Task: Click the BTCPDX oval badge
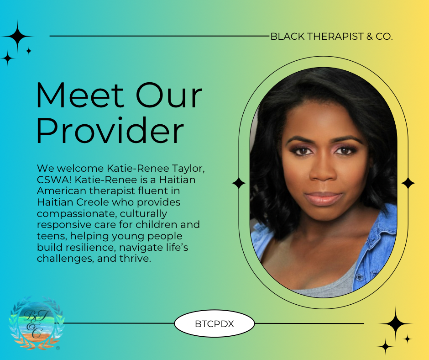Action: [214, 323]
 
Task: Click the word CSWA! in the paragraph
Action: [54, 180]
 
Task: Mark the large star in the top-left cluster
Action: [17, 36]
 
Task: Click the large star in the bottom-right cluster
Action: [395, 323]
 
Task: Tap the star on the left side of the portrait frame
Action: [239, 183]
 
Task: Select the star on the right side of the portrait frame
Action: [408, 183]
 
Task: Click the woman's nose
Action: [323, 171]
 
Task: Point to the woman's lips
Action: [324, 199]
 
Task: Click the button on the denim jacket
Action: [359, 277]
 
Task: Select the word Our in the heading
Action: [169, 95]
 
